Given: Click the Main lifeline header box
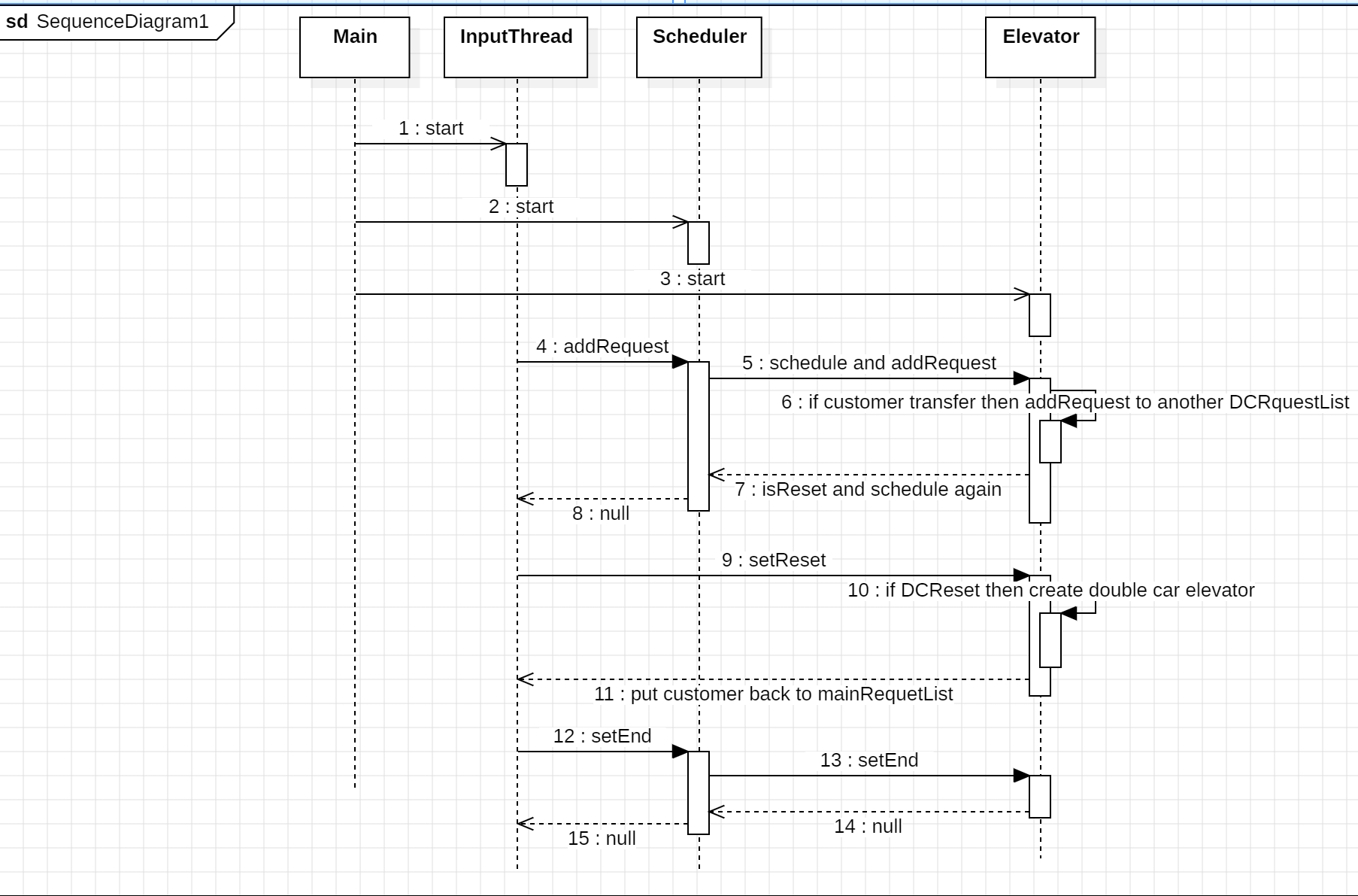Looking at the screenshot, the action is pyautogui.click(x=355, y=47).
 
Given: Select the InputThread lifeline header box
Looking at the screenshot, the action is pyautogui.click(x=516, y=47).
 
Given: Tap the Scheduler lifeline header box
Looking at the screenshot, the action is pyautogui.click(x=699, y=47).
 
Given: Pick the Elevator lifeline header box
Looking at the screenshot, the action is pyautogui.click(x=1041, y=47).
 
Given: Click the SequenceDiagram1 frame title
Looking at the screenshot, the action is pyautogui.click(x=107, y=22).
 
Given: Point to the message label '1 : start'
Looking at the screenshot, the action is pyautogui.click(x=431, y=129).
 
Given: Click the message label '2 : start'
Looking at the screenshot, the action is pyautogui.click(x=521, y=207).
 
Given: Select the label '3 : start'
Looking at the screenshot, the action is pyautogui.click(x=693, y=279).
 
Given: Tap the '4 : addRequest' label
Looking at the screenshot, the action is pyautogui.click(x=602, y=346).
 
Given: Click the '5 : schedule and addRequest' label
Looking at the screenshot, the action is pyautogui.click(x=869, y=363).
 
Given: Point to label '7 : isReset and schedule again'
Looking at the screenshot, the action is pyautogui.click(x=868, y=490).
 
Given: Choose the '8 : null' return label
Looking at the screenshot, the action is pyautogui.click(x=601, y=514).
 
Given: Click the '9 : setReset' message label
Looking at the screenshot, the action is pyautogui.click(x=774, y=560).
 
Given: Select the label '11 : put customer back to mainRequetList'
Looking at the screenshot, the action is pyautogui.click(x=774, y=694).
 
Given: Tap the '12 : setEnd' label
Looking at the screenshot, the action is pyautogui.click(x=602, y=737).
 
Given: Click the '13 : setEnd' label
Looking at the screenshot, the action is pyautogui.click(x=869, y=761).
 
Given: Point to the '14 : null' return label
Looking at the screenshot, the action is pyautogui.click(x=868, y=827).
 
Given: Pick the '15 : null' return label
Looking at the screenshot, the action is pyautogui.click(x=602, y=839).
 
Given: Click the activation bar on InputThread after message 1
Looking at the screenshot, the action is pyautogui.click(x=517, y=165).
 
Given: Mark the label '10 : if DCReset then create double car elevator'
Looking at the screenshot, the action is pyautogui.click(x=1051, y=591).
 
